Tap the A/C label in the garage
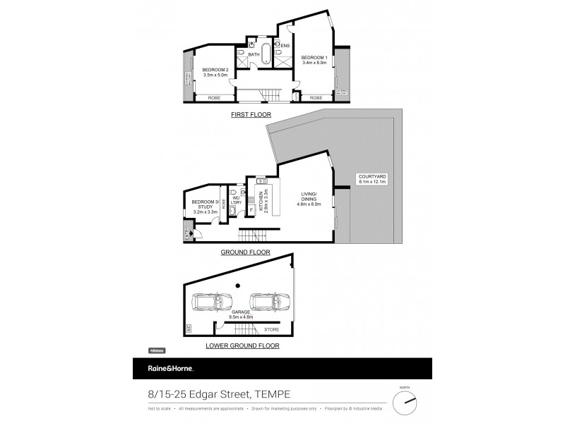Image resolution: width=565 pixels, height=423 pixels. [189, 328]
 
